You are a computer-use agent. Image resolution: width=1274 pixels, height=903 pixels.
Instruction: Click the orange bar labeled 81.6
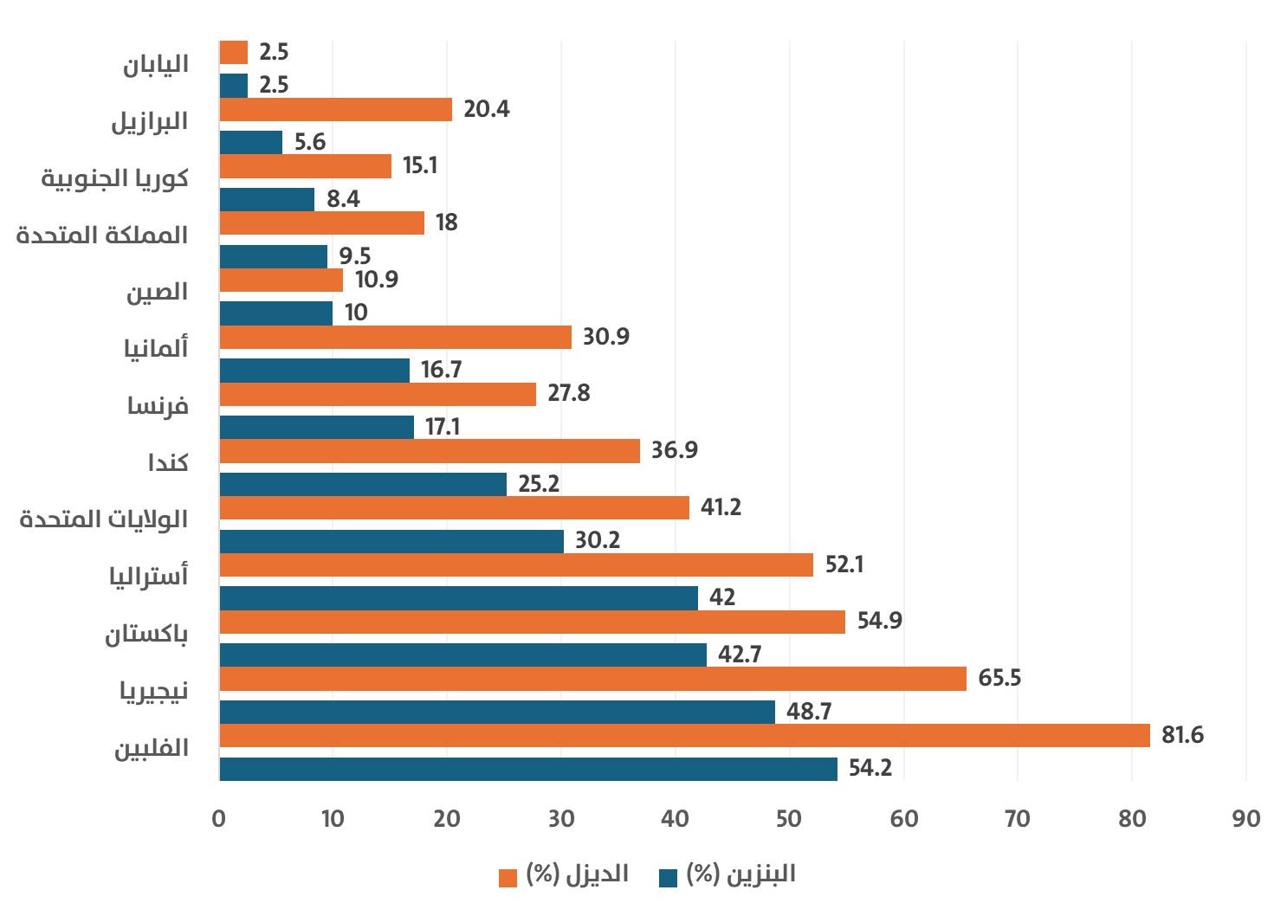684,735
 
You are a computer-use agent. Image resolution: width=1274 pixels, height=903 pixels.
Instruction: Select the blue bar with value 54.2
528,769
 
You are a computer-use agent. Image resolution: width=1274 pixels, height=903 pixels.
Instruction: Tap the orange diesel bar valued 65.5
592,678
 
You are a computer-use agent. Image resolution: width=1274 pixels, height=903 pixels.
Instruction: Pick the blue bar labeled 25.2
363,484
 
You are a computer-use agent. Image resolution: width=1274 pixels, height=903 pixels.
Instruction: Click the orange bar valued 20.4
335,109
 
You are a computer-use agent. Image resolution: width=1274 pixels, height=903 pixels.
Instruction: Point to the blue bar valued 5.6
251,142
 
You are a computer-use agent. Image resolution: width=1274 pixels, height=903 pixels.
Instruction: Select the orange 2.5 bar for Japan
234,52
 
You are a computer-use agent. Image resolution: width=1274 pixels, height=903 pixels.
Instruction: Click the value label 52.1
844,564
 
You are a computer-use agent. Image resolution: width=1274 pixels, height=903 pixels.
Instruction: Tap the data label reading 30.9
605,336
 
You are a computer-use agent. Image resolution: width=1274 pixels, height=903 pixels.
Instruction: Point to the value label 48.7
808,712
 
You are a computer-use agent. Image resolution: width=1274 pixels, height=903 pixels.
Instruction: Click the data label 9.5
354,256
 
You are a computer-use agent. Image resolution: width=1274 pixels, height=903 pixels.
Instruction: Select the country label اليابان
155,65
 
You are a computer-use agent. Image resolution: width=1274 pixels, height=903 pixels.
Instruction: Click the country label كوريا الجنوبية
115,178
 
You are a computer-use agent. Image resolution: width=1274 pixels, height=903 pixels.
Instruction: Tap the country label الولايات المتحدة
104,519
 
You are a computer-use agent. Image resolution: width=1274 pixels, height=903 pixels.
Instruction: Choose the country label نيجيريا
153,691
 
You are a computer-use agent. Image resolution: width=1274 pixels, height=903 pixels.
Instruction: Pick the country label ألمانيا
156,348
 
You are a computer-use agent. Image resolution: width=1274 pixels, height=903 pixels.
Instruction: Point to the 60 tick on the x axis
903,819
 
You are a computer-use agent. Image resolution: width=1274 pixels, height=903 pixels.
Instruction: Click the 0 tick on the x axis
219,819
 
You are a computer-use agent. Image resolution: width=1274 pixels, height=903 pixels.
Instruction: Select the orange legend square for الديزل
508,877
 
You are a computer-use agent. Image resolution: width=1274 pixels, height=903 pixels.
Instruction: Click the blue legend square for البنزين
668,877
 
